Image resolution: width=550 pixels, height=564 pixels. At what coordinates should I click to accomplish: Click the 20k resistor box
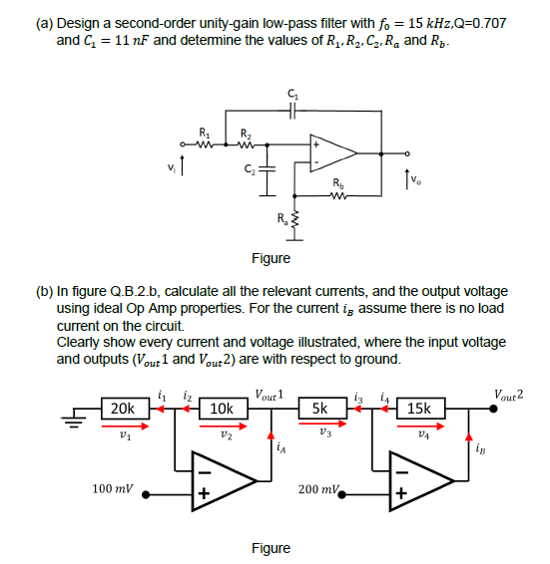coord(123,409)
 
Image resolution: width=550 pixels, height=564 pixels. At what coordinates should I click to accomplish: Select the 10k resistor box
coord(222,409)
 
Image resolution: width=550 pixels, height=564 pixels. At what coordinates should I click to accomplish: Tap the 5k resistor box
coord(320,409)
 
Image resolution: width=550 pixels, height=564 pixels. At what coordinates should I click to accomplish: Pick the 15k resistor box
coord(419,409)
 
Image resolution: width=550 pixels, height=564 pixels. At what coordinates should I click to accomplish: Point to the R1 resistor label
coord(206,131)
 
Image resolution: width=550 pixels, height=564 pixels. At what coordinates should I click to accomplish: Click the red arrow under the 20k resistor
coord(123,424)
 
